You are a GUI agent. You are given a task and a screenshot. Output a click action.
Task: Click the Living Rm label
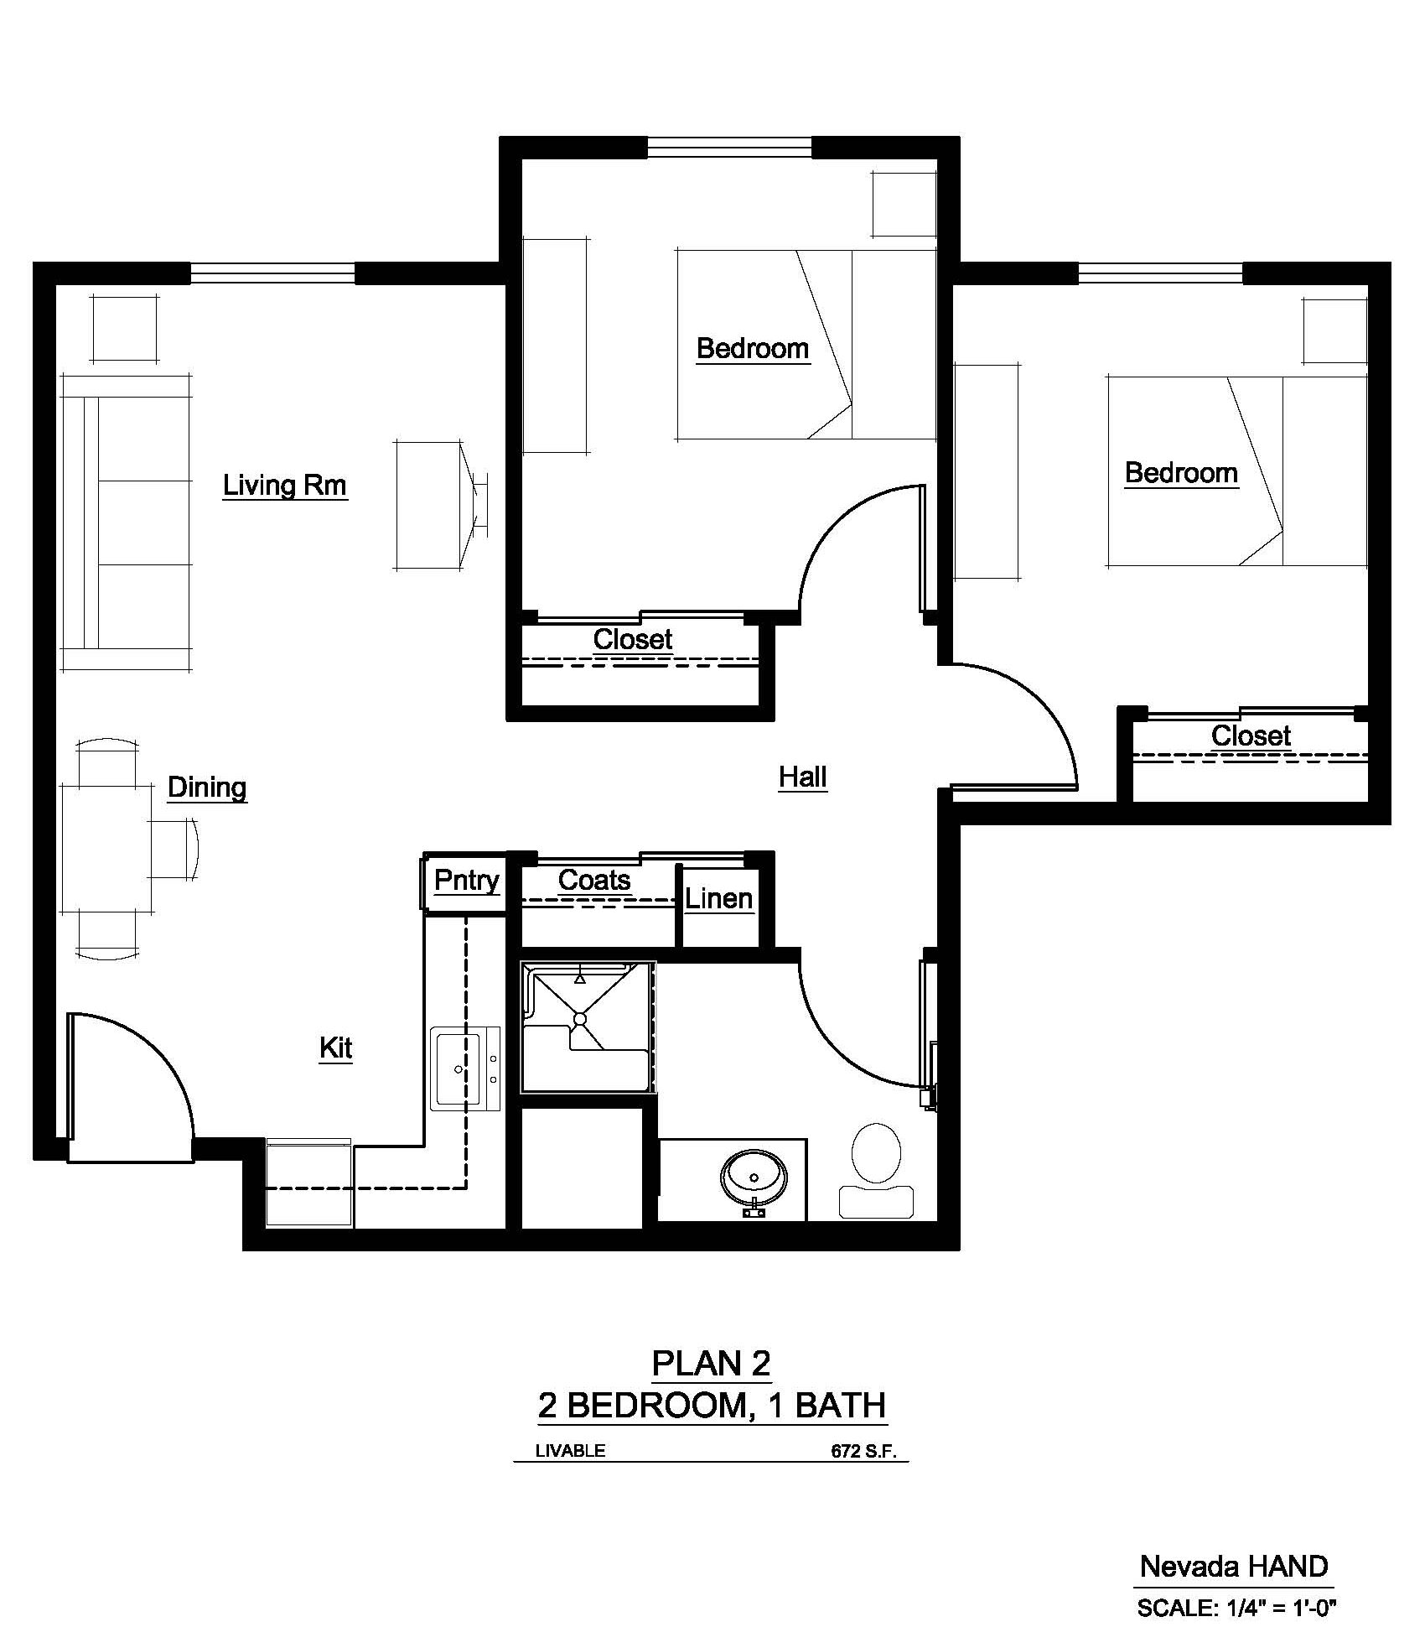[x=284, y=485]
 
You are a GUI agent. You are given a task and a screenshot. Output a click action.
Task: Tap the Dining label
[x=207, y=787]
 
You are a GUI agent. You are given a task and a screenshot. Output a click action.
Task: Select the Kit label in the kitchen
[x=335, y=1048]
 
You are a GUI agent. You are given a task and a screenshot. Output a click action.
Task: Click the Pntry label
[x=466, y=881]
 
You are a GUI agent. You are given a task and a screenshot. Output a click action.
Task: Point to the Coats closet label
[x=593, y=880]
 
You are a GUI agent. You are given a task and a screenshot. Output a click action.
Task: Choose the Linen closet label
[x=718, y=899]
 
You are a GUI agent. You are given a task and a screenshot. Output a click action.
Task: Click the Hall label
[x=802, y=777]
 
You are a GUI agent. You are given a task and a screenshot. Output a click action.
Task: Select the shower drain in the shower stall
[x=579, y=1018]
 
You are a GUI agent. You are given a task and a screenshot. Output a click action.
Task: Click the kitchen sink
[x=457, y=1068]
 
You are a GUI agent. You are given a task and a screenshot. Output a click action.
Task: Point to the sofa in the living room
[x=126, y=522]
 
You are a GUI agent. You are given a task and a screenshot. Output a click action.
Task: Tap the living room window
[x=272, y=273]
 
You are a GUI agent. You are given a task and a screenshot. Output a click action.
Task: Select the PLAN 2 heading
[x=711, y=1364]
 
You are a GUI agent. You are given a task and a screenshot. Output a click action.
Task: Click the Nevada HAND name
[x=1233, y=1566]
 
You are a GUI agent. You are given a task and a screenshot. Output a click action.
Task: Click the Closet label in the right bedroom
[x=1251, y=736]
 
